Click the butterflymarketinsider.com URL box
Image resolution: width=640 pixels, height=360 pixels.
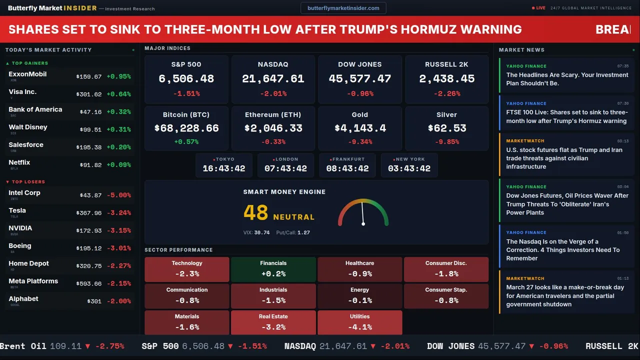343,8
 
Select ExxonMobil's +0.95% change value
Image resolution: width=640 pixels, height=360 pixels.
118,76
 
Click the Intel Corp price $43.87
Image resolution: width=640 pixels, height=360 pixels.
90,195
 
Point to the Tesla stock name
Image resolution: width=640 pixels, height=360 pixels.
17,210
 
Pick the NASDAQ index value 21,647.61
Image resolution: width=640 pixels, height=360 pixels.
273,79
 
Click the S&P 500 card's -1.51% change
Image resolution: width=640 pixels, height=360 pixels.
186,93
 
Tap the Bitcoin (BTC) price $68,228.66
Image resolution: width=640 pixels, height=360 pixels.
186,128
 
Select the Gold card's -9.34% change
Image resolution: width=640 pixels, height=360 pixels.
359,142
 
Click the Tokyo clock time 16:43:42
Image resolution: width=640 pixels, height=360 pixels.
224,168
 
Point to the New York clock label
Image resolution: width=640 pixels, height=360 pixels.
410,159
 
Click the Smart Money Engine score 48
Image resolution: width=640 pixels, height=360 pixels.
256,212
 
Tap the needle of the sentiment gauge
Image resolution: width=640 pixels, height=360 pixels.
362,213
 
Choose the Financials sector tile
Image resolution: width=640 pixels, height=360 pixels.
273,269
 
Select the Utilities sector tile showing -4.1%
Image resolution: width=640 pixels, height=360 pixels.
359,322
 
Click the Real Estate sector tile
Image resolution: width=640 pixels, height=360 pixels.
273,322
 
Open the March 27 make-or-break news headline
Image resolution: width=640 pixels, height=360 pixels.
565,295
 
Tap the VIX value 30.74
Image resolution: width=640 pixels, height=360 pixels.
261,232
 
